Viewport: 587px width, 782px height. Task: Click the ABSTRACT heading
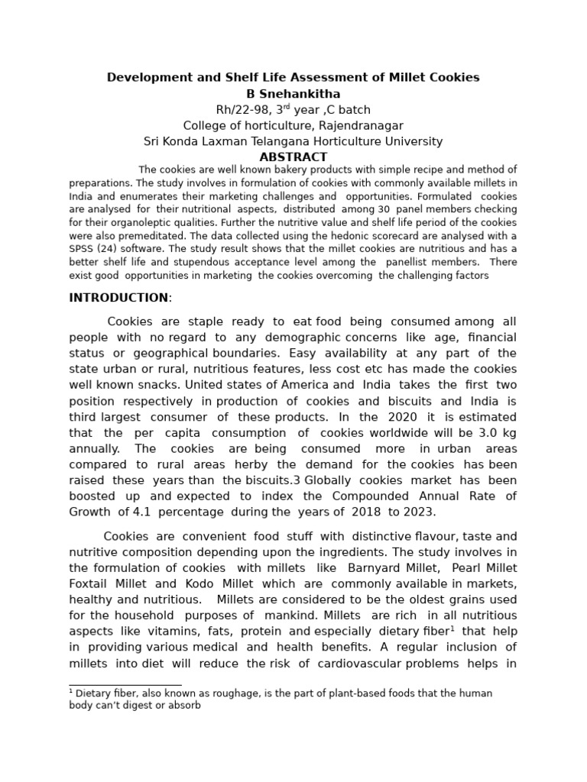pos(293,157)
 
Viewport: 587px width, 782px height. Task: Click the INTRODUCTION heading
pos(118,298)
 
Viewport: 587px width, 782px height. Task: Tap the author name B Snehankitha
pos(293,94)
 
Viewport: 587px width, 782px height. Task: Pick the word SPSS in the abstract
pos(82,249)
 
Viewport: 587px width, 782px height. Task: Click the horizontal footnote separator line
pos(125,685)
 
